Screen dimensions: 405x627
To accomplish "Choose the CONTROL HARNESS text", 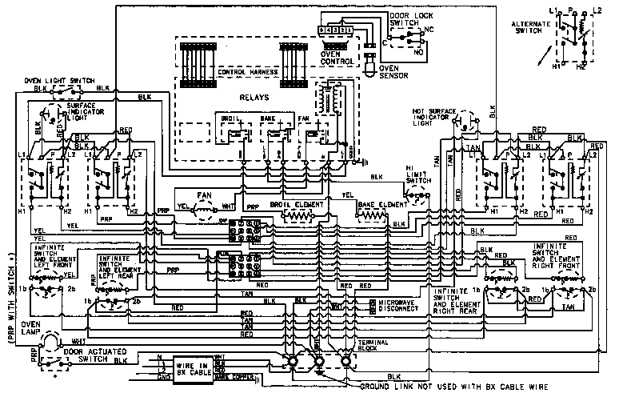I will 247,73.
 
